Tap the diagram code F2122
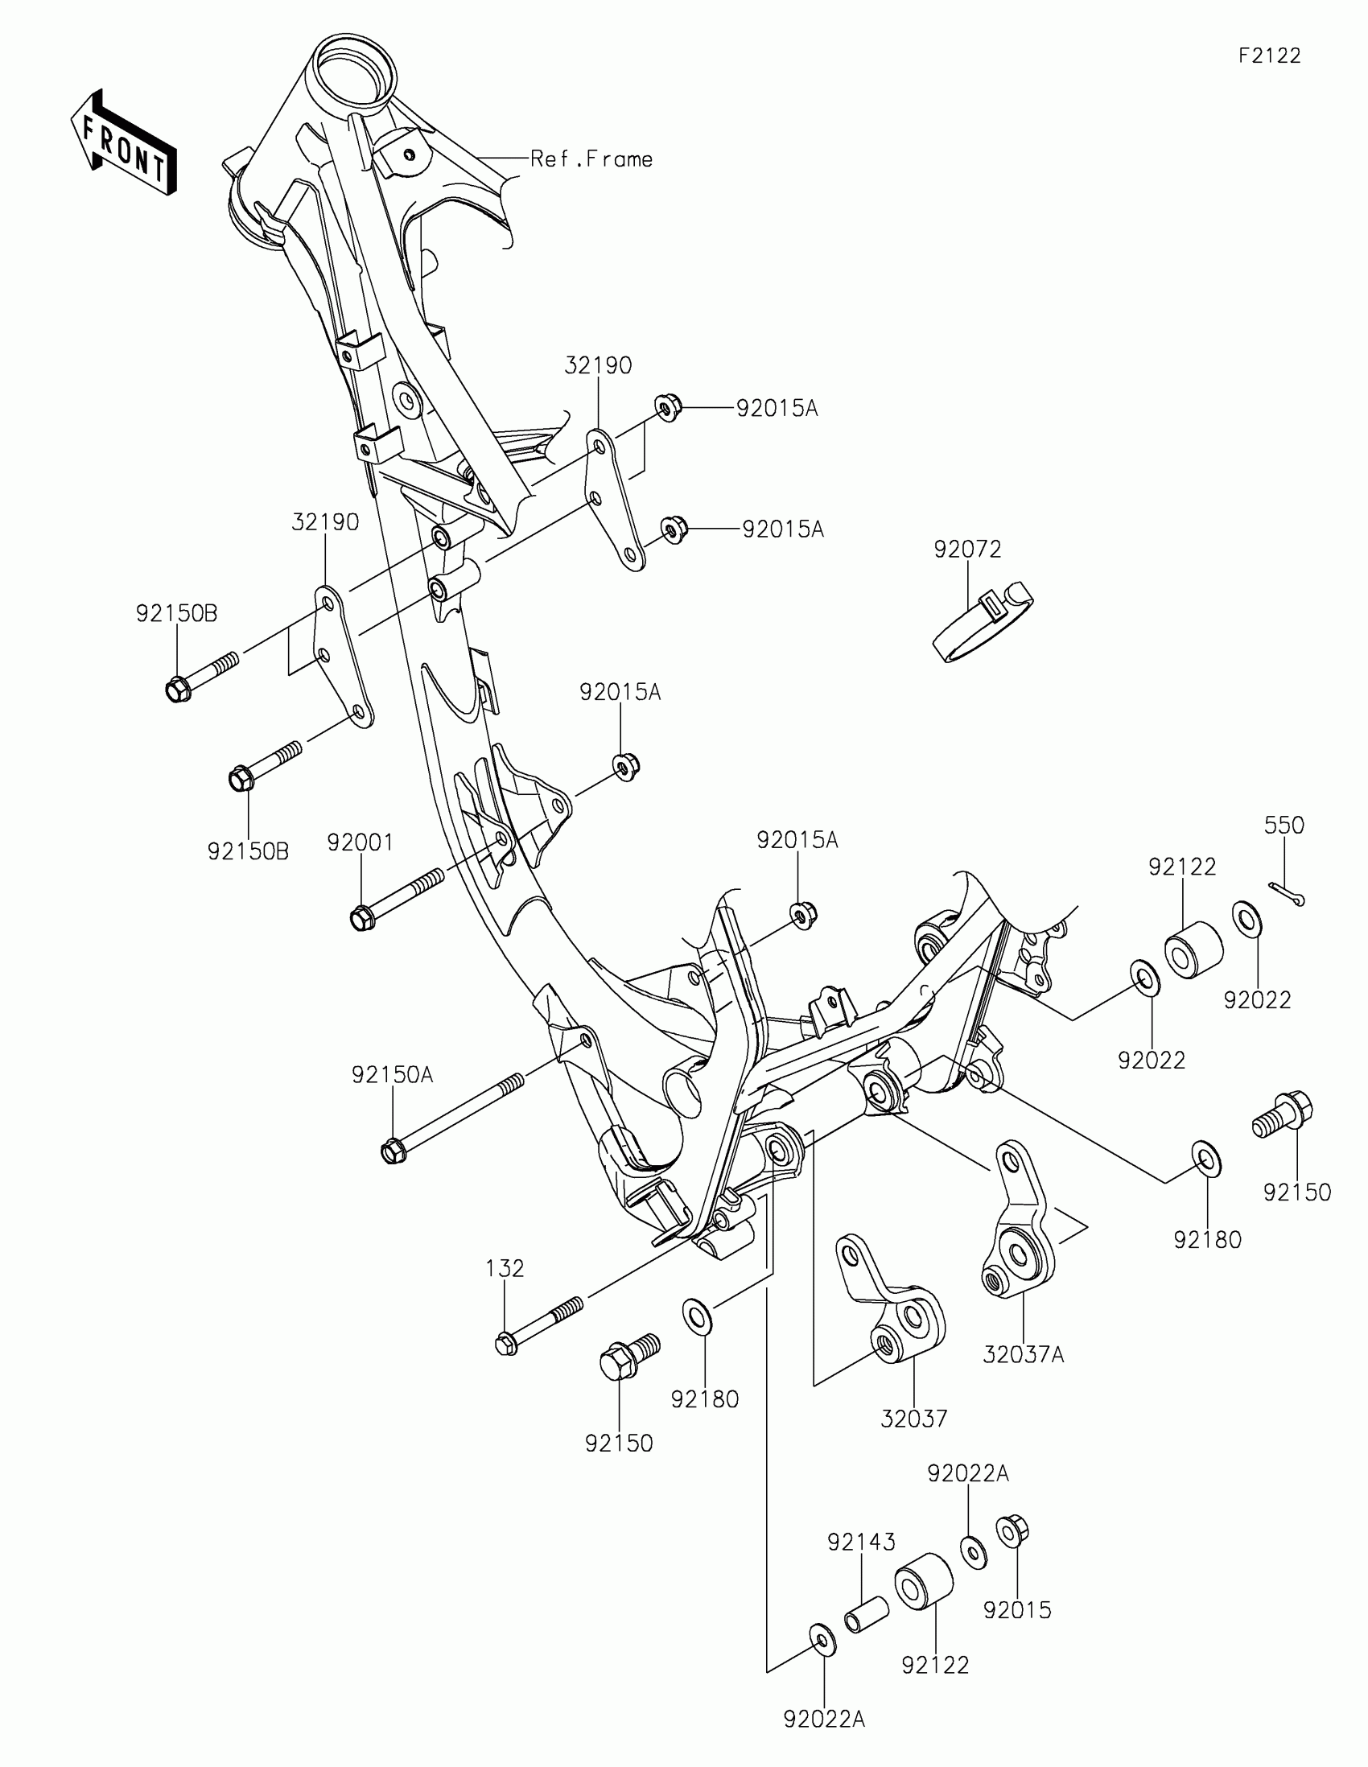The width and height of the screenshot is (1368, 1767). pos(1269,56)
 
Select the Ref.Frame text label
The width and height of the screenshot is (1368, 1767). pos(591,159)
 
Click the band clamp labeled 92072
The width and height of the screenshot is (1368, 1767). pos(983,620)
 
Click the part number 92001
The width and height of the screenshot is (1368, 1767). pos(360,843)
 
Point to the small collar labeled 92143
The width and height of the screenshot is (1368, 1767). pos(867,1616)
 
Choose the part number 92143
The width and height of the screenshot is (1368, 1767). pos(861,1542)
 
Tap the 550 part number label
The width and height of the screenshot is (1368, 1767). pos(1284,826)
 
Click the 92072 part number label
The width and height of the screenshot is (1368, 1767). pos(967,550)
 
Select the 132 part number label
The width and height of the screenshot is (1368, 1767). pos(505,1268)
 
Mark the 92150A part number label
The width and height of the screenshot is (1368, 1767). pos(393,1075)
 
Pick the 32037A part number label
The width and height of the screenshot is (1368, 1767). pos(1024,1354)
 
